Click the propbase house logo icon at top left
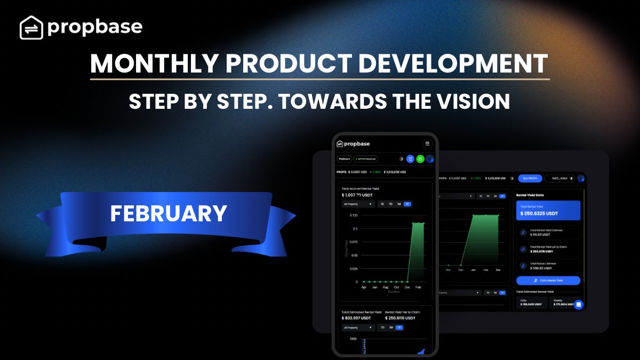pos(31,27)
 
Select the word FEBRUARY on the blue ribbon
pos(169,214)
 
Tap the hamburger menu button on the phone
pos(427,143)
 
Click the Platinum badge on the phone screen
pos(344,159)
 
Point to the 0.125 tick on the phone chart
pos(354,215)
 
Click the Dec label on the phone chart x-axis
pos(407,287)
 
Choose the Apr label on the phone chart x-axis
pos(364,287)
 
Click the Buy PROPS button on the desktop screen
pos(530,179)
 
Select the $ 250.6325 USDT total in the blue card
pos(540,213)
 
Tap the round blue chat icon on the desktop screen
pos(578,305)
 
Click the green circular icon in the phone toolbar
pos(420,159)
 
